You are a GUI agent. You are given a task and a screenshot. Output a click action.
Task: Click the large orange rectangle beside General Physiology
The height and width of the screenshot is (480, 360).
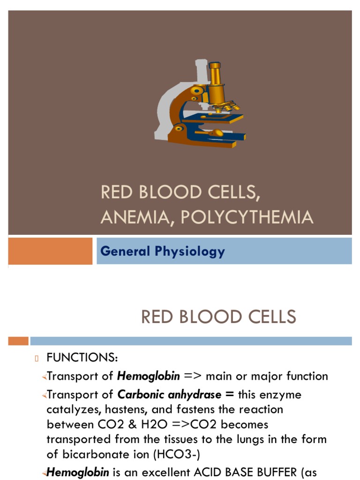(50, 251)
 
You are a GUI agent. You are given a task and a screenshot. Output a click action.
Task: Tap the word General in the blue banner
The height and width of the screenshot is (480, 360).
(124, 251)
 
